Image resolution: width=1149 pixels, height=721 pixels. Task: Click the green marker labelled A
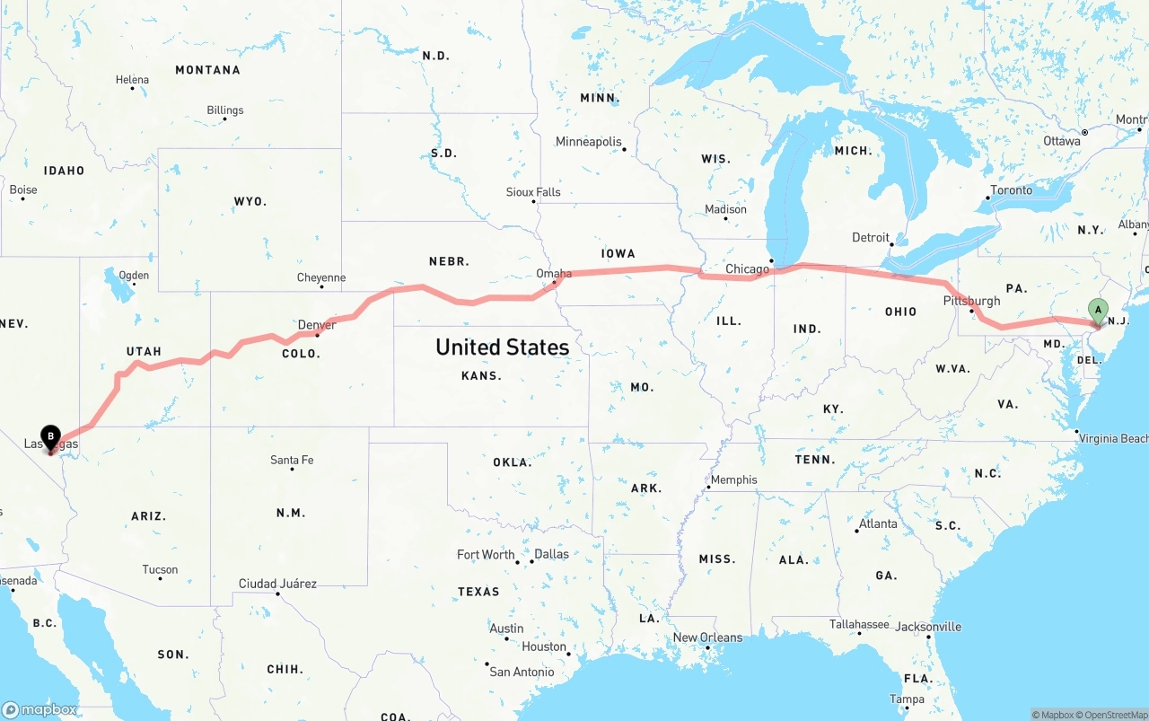(x=1097, y=311)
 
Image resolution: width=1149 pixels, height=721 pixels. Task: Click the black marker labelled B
(x=50, y=437)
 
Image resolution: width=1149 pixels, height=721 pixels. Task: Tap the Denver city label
(x=317, y=325)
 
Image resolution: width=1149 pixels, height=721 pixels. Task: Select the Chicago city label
(x=747, y=268)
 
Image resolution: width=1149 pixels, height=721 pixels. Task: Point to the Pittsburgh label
(x=971, y=301)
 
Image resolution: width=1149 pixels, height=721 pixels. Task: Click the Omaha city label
(x=553, y=274)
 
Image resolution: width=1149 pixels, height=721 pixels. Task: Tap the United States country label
(x=502, y=347)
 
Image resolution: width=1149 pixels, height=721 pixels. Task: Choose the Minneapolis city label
(x=588, y=142)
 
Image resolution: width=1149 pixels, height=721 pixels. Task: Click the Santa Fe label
(x=292, y=461)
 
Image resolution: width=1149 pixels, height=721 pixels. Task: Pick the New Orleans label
(x=707, y=637)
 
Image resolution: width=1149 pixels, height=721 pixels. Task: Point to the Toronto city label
(x=1011, y=190)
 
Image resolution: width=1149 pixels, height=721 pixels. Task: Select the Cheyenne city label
(x=321, y=278)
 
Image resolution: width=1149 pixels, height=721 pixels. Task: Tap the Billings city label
(x=224, y=110)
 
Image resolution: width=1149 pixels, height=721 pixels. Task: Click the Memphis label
(x=733, y=479)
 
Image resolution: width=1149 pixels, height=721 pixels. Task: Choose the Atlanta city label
(x=877, y=523)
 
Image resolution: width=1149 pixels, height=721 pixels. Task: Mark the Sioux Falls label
(x=533, y=192)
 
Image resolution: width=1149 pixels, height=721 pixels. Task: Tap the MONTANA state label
(x=207, y=70)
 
